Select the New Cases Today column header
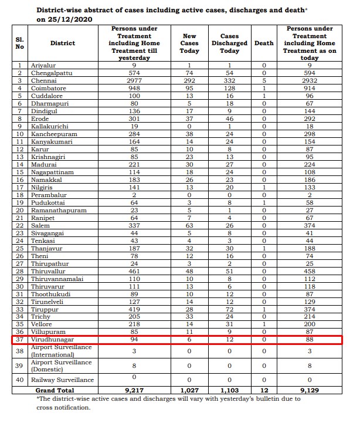click(x=189, y=43)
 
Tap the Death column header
click(x=264, y=43)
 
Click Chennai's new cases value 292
click(x=189, y=80)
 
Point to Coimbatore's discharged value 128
click(x=229, y=88)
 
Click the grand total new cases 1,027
click(x=189, y=390)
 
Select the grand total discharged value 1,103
click(x=229, y=390)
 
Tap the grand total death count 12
click(x=264, y=390)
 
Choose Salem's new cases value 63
click(x=189, y=225)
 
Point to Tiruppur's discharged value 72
click(x=229, y=309)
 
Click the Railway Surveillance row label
click(x=62, y=380)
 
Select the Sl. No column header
click(x=19, y=43)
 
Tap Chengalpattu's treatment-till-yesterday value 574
click(x=136, y=73)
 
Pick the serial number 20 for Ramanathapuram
click(x=19, y=210)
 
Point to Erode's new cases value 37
click(x=189, y=119)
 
